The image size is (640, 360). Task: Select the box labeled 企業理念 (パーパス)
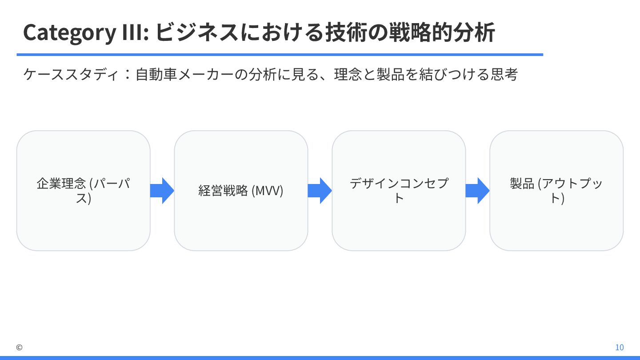coord(84,191)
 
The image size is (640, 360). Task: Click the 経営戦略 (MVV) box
coord(241,191)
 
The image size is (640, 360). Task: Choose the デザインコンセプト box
coord(399,191)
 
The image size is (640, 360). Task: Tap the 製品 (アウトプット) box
coord(556,191)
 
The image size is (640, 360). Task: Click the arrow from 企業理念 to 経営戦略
coord(162,191)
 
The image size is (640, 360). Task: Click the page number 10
coord(619,348)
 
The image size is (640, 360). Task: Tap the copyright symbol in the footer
coord(19,348)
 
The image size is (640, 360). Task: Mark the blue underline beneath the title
coord(280,55)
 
